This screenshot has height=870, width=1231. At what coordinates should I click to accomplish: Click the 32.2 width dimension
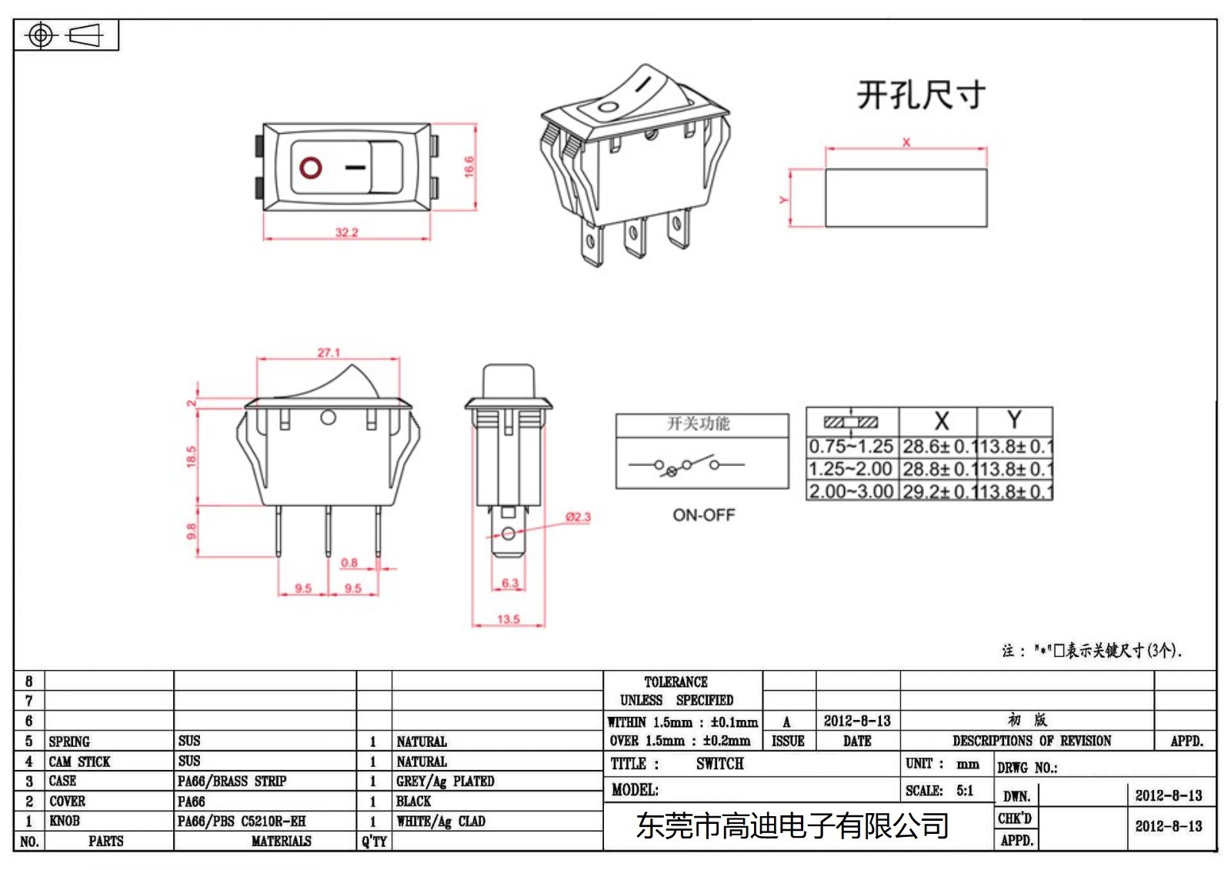(347, 232)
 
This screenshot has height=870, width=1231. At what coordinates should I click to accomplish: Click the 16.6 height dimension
(469, 167)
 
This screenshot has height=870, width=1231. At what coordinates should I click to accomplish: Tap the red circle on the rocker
(311, 168)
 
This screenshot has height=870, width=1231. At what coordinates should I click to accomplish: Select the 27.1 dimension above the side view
(329, 352)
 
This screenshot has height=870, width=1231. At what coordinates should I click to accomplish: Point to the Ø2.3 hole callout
(578, 517)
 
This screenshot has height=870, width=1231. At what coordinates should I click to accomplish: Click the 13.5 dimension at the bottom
(508, 619)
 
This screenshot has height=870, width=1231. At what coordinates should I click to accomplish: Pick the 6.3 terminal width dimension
(510, 583)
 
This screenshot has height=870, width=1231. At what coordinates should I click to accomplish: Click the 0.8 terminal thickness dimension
(349, 563)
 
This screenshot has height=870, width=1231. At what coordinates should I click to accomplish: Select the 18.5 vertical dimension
(191, 457)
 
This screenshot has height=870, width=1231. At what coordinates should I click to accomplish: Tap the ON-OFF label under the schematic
(703, 515)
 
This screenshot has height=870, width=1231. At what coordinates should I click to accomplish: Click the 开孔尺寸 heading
(920, 95)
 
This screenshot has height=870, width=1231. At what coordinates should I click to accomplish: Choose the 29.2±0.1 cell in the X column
(938, 492)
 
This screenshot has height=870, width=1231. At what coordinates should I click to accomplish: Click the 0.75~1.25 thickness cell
(851, 446)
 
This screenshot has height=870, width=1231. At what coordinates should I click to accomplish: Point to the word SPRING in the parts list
(69, 742)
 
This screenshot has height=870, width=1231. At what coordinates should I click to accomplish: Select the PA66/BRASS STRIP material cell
(232, 782)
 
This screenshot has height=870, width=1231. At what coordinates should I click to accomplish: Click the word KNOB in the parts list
(65, 822)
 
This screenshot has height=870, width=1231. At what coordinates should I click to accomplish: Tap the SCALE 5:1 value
(965, 791)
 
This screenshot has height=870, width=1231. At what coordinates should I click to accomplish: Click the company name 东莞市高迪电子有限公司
(792, 826)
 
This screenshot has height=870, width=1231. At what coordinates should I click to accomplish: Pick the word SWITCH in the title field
(719, 764)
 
